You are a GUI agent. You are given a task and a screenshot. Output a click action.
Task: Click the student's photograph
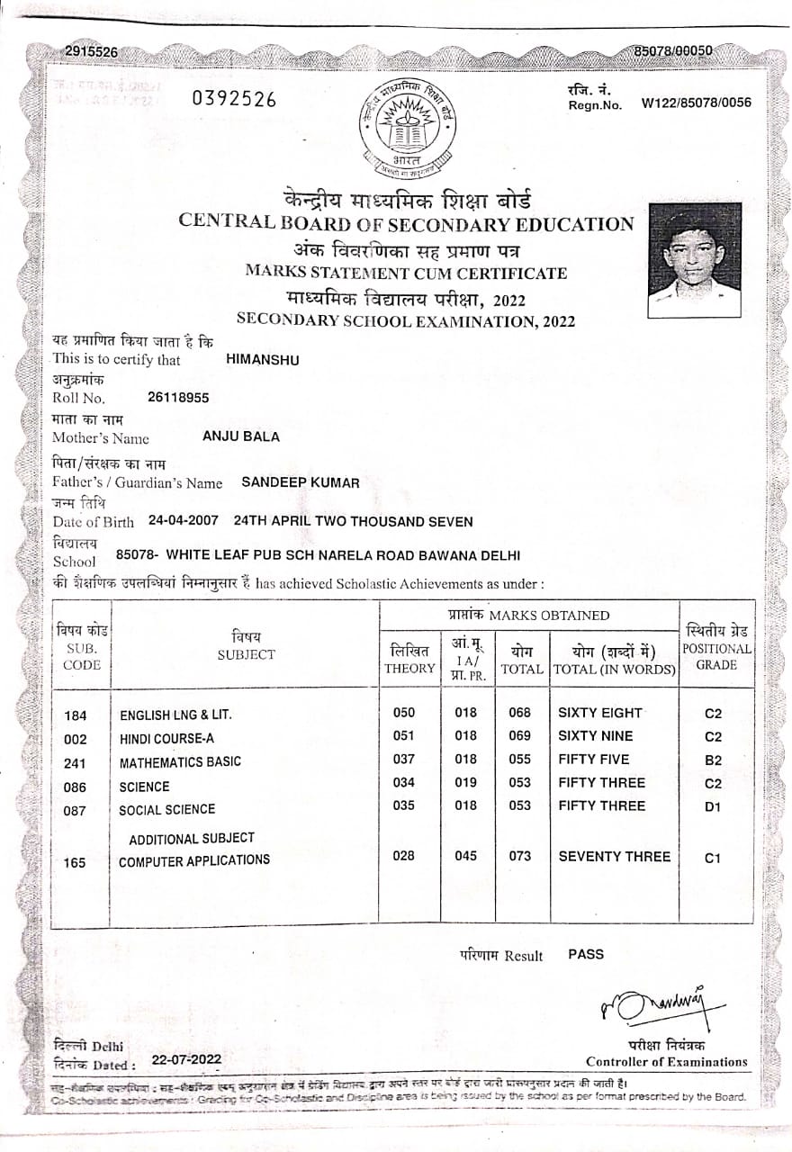click(695, 260)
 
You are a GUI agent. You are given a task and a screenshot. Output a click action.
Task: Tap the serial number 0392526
click(234, 100)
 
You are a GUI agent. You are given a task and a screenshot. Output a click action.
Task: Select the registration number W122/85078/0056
click(696, 103)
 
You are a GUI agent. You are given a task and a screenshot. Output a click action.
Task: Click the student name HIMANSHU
click(263, 359)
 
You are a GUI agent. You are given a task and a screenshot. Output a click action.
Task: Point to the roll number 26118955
click(178, 397)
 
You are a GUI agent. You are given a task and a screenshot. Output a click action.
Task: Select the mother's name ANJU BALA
click(241, 436)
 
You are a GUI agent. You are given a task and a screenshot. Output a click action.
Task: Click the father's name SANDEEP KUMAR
click(301, 482)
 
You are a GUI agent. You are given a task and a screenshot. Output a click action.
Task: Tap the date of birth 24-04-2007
click(184, 520)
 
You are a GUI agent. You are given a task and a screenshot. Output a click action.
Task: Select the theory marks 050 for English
click(404, 713)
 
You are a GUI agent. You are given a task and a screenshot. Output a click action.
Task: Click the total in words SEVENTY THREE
click(615, 856)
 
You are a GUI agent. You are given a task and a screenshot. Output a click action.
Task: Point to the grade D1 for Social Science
click(713, 806)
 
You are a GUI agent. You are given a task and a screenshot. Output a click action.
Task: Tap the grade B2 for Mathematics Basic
click(713, 760)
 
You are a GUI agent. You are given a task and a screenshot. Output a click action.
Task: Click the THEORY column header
click(409, 669)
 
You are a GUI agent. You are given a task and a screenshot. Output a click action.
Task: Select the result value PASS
click(586, 954)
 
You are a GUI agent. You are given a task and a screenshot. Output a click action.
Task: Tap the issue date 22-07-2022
click(186, 1059)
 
